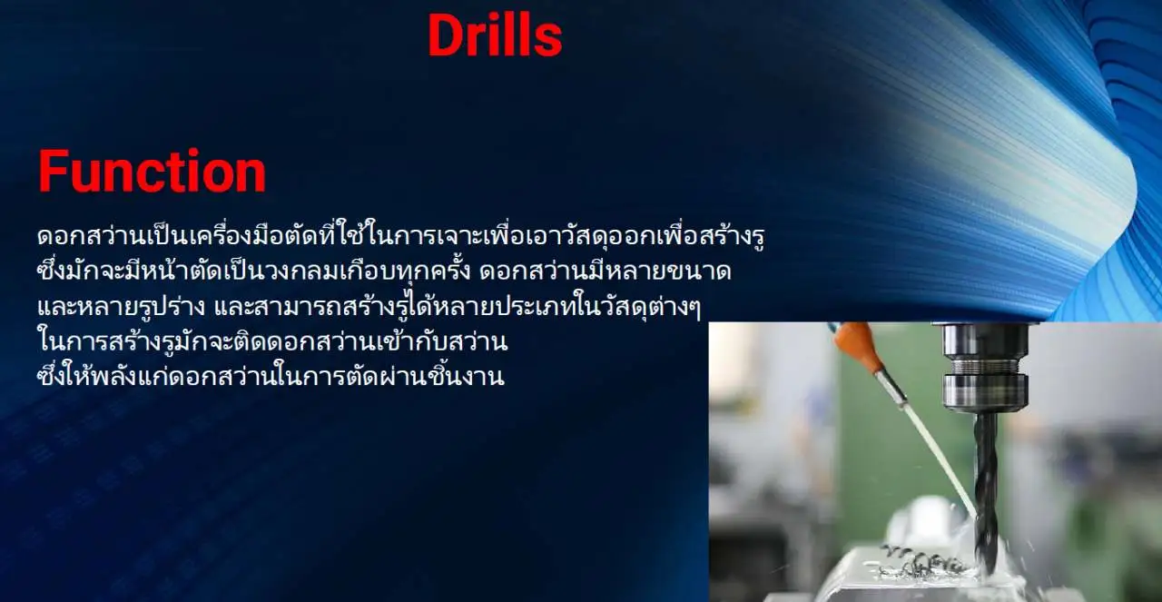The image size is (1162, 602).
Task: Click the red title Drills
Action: click(x=495, y=35)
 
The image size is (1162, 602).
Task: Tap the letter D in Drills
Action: click(x=445, y=35)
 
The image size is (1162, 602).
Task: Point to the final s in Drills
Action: click(x=549, y=41)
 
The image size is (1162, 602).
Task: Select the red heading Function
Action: click(x=152, y=171)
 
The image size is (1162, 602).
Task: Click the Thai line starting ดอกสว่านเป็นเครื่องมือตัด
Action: click(x=401, y=236)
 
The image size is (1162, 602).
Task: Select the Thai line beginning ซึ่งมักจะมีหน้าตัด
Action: click(x=384, y=271)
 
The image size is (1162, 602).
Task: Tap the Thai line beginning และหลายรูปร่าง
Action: click(x=369, y=307)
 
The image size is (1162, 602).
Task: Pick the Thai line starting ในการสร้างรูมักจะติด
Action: click(x=273, y=342)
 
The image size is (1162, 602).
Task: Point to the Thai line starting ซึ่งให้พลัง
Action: click(x=271, y=377)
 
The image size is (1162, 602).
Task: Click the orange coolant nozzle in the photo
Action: click(x=856, y=345)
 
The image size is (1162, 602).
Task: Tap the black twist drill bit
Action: click(x=986, y=488)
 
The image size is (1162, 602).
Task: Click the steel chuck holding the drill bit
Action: click(x=985, y=367)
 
